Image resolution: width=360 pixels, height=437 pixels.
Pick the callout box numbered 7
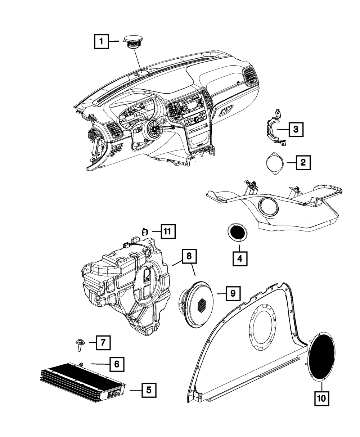tap(102, 342)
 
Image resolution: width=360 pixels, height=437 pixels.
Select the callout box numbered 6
tap(116, 364)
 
